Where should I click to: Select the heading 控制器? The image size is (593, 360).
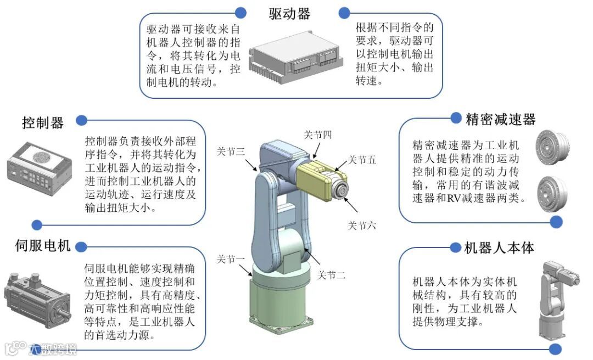click(x=43, y=122)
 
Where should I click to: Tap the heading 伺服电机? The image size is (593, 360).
click(x=42, y=246)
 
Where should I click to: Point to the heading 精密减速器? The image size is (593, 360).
click(x=500, y=119)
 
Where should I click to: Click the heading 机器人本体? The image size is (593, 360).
click(x=499, y=248)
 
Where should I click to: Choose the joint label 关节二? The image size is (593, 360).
click(x=332, y=275)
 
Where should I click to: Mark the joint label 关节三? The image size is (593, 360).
click(x=231, y=152)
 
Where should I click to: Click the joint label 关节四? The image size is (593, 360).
click(x=318, y=135)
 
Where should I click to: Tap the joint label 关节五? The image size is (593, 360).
click(x=362, y=160)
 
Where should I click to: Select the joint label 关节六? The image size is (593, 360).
click(x=362, y=225)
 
